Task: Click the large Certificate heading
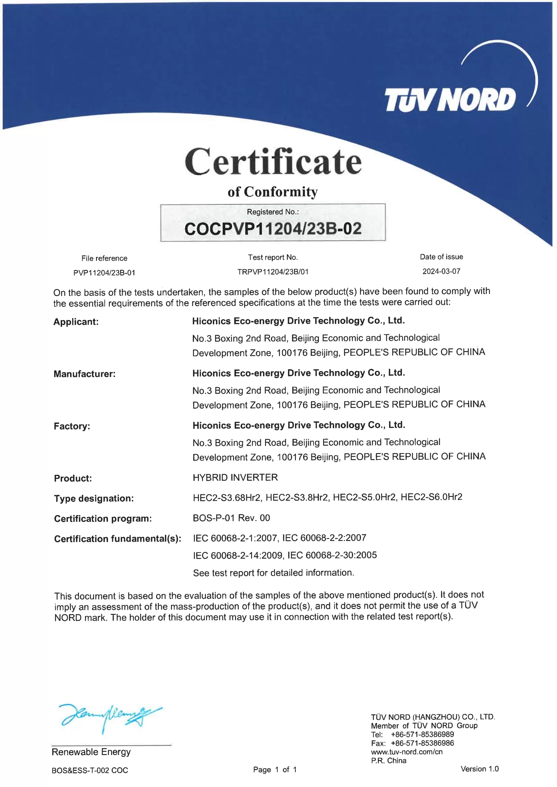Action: coord(273,162)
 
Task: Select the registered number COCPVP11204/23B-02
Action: coord(273,229)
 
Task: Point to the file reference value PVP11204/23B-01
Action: coord(104,273)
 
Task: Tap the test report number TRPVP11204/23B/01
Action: coord(273,272)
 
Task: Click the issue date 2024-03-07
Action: coord(441,272)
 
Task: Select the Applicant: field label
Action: coord(76,322)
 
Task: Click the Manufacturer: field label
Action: coord(84,374)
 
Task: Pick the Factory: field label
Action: coord(72,426)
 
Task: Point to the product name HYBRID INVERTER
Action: coord(235,477)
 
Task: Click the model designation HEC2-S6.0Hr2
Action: coord(432,497)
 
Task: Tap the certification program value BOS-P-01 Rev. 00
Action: coord(232,518)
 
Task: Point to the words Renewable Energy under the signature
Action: coord(91,752)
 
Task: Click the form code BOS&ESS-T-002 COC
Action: coord(90,770)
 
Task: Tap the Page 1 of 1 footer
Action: coord(275,770)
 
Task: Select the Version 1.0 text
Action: coord(479,769)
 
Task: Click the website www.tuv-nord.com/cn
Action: coord(407,752)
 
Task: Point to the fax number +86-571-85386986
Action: coord(422,743)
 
